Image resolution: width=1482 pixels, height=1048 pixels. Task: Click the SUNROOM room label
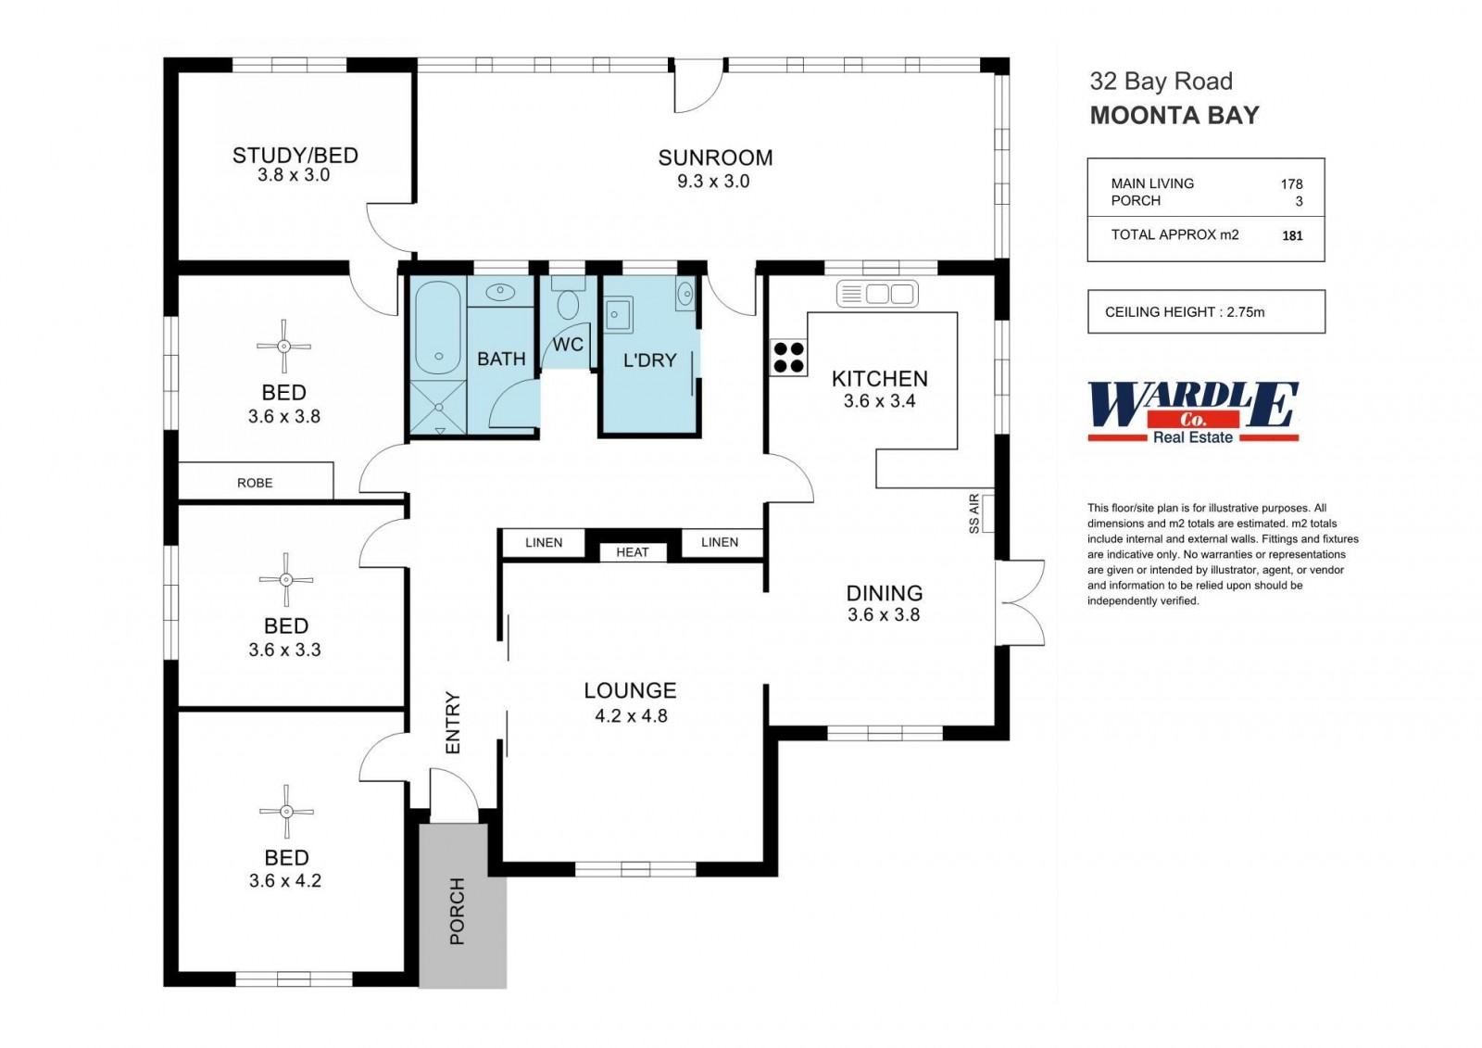715,158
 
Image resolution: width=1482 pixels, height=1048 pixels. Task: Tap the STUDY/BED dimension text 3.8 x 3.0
294,175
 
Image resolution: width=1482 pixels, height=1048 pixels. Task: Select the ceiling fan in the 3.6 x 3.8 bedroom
283,347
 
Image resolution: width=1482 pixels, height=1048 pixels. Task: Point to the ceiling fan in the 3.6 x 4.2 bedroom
286,812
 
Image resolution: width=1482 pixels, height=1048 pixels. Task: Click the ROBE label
255,483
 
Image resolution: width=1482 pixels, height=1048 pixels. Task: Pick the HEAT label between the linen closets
633,552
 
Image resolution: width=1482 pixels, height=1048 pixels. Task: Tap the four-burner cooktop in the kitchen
788,358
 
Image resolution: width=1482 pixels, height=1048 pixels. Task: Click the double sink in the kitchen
877,294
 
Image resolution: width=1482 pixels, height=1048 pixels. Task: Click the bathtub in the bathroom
438,328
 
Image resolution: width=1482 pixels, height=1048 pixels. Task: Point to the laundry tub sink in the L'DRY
617,314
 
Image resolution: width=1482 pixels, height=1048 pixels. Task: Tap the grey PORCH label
458,911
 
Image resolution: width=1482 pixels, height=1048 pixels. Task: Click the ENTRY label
453,722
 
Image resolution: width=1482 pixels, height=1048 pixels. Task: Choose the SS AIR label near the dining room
973,513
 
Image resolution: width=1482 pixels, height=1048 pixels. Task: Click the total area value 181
1292,235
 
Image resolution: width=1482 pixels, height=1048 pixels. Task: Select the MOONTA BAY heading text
1174,115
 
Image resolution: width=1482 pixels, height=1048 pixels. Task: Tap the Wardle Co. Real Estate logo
1194,411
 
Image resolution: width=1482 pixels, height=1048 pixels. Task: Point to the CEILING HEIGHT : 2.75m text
1185,312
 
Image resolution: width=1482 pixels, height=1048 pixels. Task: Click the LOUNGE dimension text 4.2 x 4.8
631,715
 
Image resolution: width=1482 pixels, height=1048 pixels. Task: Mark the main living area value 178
1291,184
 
